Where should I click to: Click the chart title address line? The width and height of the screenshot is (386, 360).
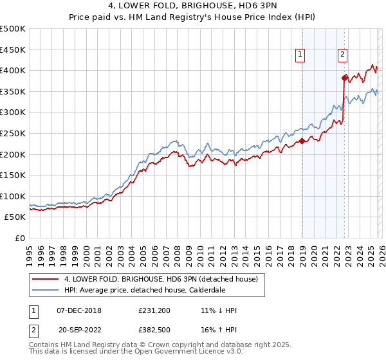tap(193, 6)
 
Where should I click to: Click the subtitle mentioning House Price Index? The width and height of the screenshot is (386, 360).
tap(193, 17)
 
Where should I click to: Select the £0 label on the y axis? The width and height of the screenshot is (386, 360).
tap(19, 239)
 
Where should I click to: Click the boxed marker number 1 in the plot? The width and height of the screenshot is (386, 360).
tap(300, 55)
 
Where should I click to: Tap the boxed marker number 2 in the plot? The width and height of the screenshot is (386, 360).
tap(343, 55)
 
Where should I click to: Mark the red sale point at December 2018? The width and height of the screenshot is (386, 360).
tap(302, 141)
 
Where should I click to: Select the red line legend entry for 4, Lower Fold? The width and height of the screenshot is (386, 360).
tap(161, 279)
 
